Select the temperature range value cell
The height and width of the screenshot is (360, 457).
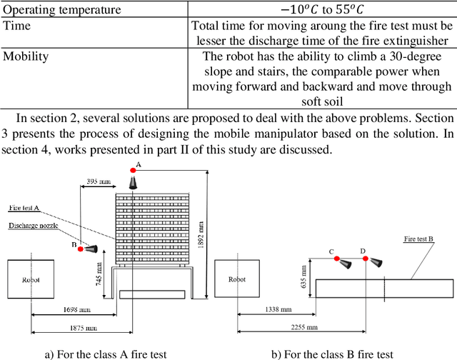click(322, 10)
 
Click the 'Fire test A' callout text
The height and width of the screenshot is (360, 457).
click(24, 207)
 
